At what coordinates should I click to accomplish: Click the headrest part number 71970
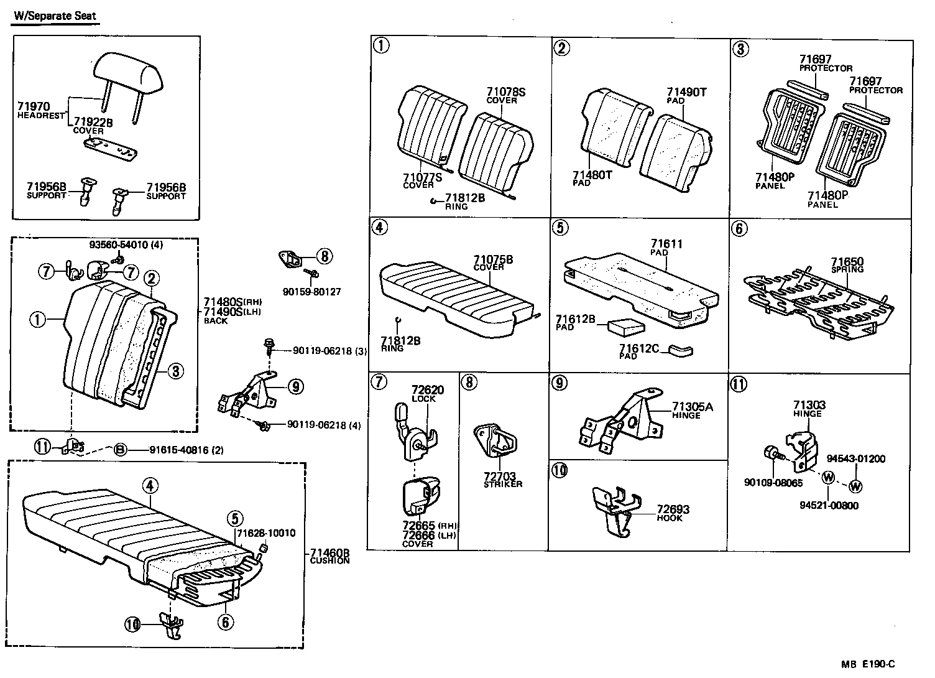point(34,107)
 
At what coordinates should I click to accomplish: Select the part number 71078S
point(506,92)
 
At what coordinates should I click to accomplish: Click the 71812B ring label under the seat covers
point(464,198)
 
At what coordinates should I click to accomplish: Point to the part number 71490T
point(687,92)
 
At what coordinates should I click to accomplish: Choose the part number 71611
point(666,244)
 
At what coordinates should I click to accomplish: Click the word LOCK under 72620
point(424,399)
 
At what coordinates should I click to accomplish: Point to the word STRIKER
point(503,484)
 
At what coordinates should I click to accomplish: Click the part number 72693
point(673,509)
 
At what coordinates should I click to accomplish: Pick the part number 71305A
point(693,407)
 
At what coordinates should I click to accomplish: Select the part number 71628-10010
point(265,533)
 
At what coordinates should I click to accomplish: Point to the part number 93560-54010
point(120,245)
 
